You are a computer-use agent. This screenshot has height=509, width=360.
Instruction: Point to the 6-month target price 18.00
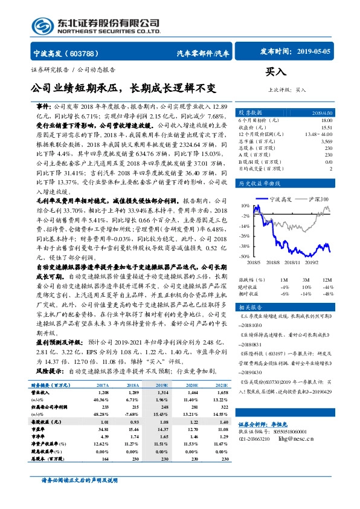(326, 121)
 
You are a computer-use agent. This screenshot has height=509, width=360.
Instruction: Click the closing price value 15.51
(326, 128)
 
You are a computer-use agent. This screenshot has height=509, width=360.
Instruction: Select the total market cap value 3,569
(326, 140)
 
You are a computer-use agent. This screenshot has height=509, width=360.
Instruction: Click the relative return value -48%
(327, 293)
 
